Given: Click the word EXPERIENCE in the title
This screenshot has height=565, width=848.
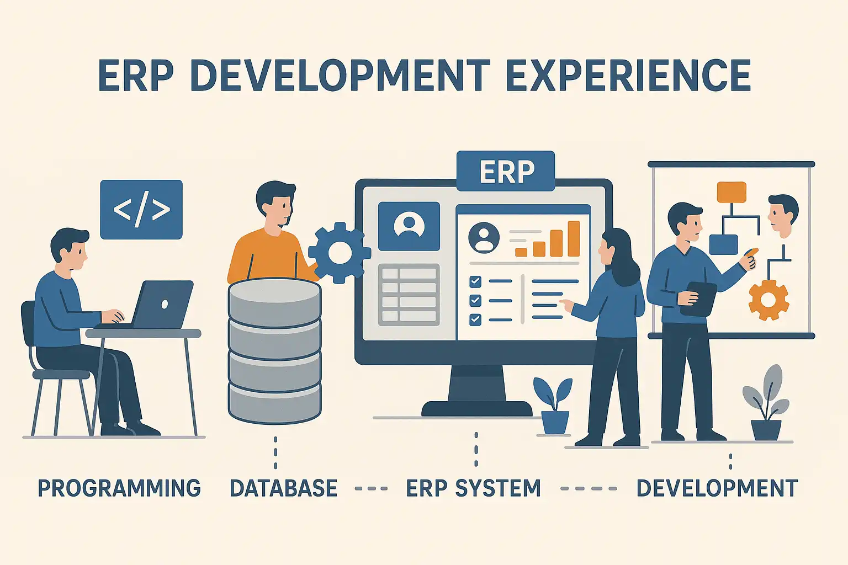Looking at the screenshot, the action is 629,75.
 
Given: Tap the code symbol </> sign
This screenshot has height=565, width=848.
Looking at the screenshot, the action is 141,209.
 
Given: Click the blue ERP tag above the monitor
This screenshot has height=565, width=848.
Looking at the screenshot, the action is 506,171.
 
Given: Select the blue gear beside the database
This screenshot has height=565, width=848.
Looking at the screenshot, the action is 340,253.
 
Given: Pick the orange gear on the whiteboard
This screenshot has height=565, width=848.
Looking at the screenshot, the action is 769,300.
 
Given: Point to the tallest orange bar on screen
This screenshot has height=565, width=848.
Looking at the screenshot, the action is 574,239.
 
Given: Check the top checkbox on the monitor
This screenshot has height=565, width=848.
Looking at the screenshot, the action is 475,281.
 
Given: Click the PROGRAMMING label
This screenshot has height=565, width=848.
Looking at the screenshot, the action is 119,488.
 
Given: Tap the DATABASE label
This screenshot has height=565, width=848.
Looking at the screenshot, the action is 284,488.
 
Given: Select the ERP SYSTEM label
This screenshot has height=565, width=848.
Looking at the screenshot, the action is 473,488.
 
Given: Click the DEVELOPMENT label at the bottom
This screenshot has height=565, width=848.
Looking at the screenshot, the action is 717,488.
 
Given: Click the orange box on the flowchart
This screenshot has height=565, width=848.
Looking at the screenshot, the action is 732,192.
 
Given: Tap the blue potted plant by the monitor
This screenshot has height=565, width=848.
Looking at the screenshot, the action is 554,406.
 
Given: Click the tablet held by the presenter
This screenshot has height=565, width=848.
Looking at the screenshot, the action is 699,299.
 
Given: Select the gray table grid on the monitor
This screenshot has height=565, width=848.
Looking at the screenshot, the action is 409,295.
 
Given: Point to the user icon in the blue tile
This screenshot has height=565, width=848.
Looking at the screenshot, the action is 409,226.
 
